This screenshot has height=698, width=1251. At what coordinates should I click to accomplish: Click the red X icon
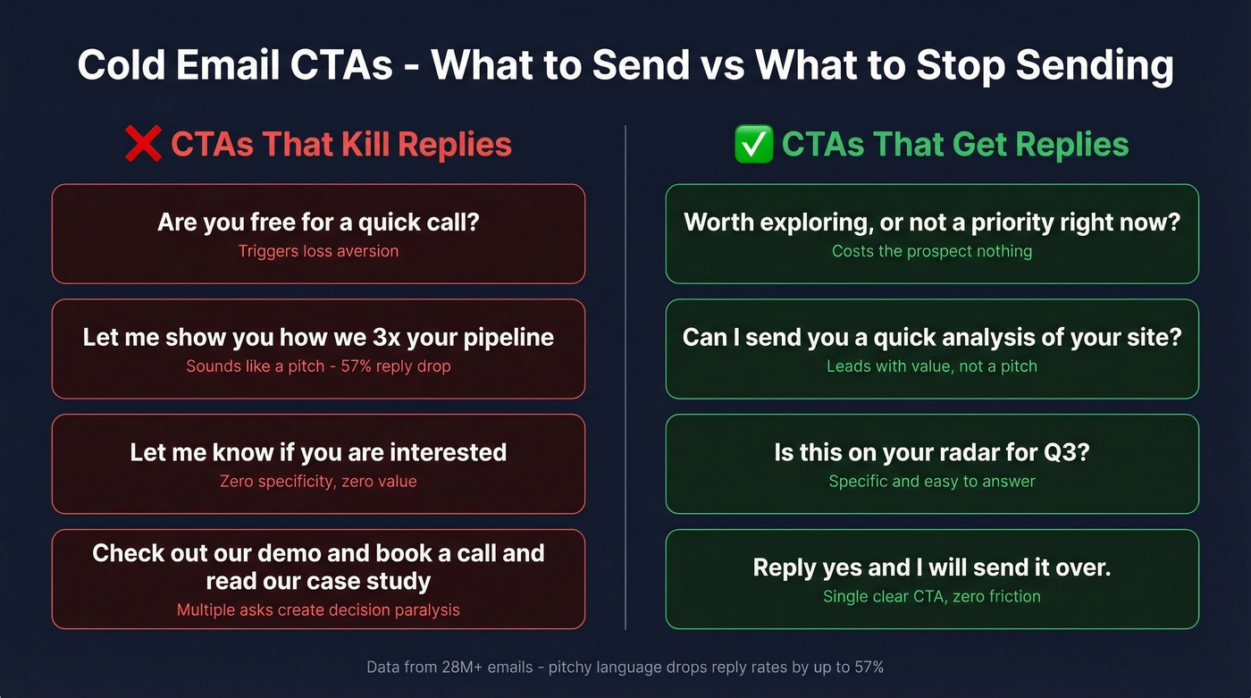click(x=143, y=145)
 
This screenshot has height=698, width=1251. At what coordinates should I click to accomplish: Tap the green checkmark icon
click(x=753, y=145)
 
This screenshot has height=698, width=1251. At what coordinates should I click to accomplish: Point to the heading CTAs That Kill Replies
click(x=340, y=145)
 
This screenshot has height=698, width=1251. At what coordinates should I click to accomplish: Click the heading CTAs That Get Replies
click(x=955, y=145)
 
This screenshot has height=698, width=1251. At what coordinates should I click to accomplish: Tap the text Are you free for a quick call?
click(x=318, y=222)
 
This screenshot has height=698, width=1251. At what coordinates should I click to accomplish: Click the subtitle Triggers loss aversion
click(x=318, y=251)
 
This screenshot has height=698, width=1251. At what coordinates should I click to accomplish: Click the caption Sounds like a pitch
click(x=256, y=366)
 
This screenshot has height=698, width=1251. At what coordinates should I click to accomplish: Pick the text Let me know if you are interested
click(x=318, y=452)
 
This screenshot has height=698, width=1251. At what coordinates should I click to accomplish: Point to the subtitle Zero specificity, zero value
click(x=318, y=482)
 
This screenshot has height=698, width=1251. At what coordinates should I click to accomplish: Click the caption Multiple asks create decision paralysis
click(x=318, y=610)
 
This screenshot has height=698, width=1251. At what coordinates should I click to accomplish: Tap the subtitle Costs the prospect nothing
click(x=932, y=251)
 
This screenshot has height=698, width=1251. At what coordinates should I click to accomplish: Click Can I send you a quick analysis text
click(x=932, y=337)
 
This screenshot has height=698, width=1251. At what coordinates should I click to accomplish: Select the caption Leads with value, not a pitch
click(x=932, y=366)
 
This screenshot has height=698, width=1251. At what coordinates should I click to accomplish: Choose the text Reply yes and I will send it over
click(x=932, y=568)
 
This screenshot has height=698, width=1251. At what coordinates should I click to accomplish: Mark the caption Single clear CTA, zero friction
click(x=932, y=596)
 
